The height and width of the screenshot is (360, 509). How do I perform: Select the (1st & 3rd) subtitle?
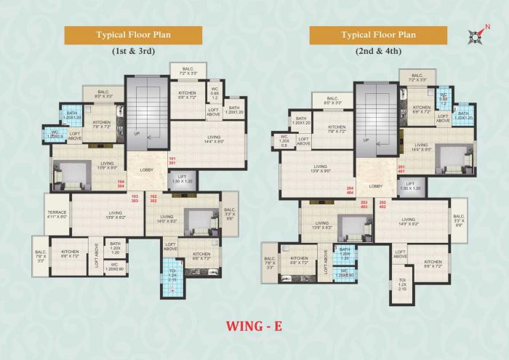(x=133, y=52)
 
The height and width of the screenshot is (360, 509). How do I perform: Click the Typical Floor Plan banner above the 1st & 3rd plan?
(x=133, y=34)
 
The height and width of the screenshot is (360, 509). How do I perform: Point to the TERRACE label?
(x=57, y=214)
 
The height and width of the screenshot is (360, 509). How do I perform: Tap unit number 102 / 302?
(x=153, y=199)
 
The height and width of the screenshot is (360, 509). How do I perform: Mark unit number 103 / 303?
(x=135, y=199)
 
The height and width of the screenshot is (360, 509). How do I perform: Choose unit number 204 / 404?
(x=350, y=191)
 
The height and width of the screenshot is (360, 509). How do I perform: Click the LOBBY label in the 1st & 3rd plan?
(x=147, y=170)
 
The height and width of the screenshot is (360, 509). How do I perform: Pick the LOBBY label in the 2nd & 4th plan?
(x=375, y=186)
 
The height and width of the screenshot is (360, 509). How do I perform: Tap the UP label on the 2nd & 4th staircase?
(x=366, y=140)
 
